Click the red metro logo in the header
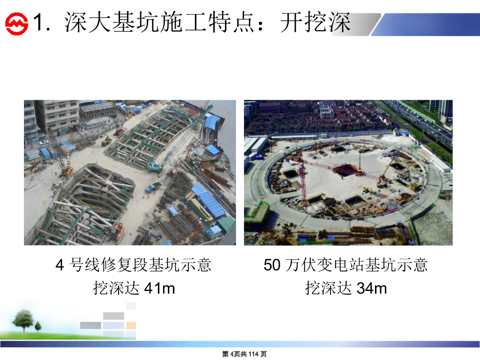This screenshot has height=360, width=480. coord(16,23)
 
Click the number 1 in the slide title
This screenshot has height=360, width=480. coord(38,22)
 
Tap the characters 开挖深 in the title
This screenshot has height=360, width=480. coord(315,22)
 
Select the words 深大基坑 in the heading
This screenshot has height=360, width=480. coord(112,22)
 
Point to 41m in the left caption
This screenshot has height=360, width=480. coord(159,288)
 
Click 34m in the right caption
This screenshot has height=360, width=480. coord(372,288)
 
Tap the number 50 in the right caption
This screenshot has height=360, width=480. coord(272,265)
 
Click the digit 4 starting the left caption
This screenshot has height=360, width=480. coord(60,265)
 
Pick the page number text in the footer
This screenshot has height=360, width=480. coord(244,354)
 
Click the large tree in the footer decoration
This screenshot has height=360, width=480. coord(22,320)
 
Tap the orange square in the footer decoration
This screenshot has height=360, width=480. coord(131,325)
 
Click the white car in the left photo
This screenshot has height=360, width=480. coord(44,142)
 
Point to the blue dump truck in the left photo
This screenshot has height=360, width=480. coord(153,187)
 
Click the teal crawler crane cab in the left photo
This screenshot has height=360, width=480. coord(155,166)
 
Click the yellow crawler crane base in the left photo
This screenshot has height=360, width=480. coord(67,172)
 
